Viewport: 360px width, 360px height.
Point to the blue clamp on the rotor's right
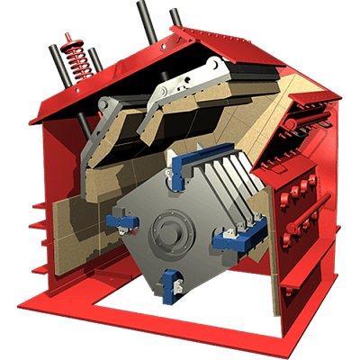(227, 238)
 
